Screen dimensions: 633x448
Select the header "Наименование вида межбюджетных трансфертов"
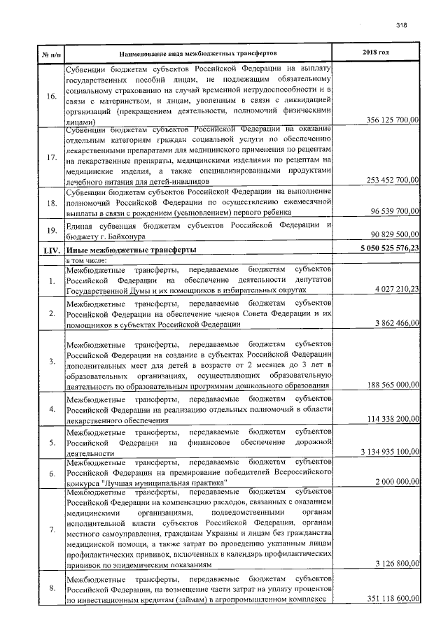coord(198,53)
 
